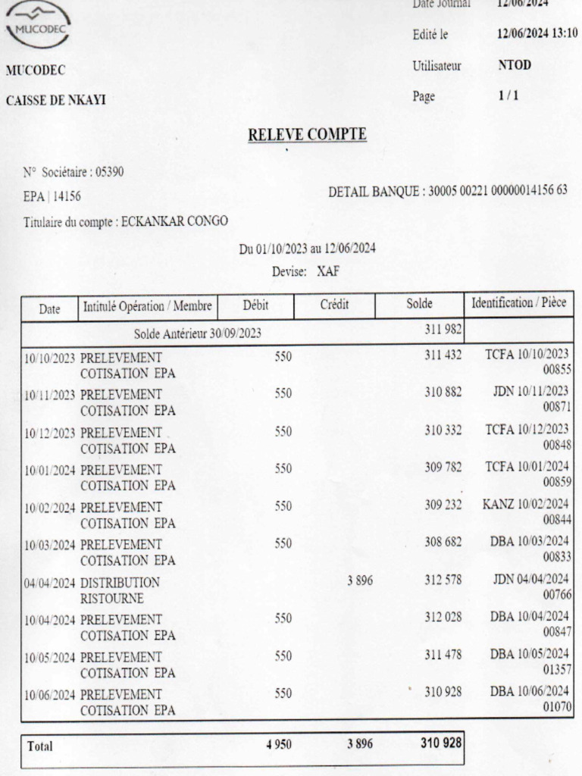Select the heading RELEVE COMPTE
tap(307, 135)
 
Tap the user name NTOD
tap(515, 66)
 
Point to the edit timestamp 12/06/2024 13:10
tap(537, 34)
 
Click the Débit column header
tap(256, 305)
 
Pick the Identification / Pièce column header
tap(518, 304)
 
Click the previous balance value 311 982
tap(443, 331)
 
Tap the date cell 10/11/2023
tap(50, 395)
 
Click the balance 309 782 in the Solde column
tap(443, 468)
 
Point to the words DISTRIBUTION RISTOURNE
tap(120, 590)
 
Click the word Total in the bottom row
tap(41, 746)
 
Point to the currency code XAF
tap(328, 271)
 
